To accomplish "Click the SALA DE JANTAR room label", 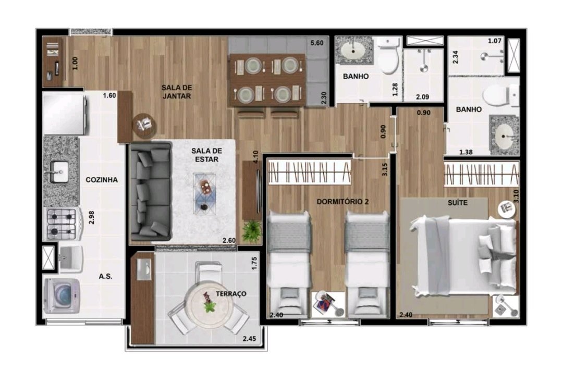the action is pyautogui.click(x=176, y=92).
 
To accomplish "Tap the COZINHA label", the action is pyautogui.click(x=102, y=180).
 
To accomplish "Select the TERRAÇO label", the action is pyautogui.click(x=231, y=293).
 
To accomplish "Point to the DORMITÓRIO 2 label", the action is pyautogui.click(x=342, y=202).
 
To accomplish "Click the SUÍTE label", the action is pyautogui.click(x=458, y=203).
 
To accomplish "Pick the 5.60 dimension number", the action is pyautogui.click(x=317, y=43).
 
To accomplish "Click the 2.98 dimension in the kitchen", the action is pyautogui.click(x=91, y=217).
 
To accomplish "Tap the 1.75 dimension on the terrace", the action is pyautogui.click(x=254, y=263).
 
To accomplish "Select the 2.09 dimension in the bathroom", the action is pyautogui.click(x=423, y=97).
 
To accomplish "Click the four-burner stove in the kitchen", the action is pyautogui.click(x=62, y=224).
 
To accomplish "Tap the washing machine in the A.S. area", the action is pyautogui.click(x=62, y=295).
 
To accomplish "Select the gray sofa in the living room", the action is pyautogui.click(x=151, y=191).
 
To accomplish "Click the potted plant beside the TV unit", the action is pyautogui.click(x=251, y=231).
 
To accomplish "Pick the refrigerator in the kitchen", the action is pyautogui.click(x=65, y=114).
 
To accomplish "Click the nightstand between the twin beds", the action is pyautogui.click(x=327, y=304).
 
